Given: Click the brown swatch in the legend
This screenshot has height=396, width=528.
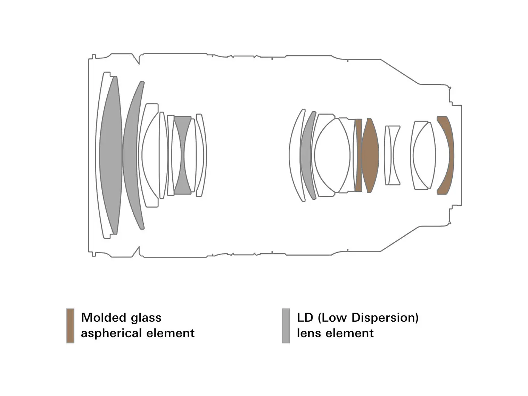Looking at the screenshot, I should point(70,325).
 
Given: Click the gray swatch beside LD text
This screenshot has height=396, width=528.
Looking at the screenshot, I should point(286,325).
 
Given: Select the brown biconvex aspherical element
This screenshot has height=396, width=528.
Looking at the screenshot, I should point(370,155).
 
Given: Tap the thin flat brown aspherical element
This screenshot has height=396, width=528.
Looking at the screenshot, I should point(358,155).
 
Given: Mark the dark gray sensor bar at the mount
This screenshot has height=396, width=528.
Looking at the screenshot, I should point(462,155).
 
